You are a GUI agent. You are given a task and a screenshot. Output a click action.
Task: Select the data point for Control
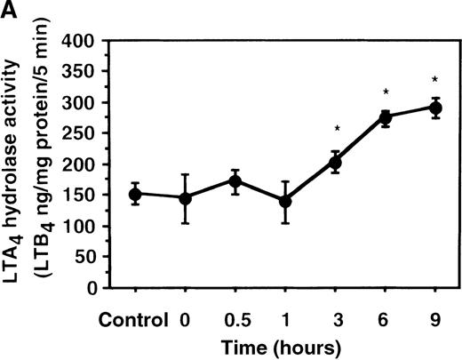point(135,194)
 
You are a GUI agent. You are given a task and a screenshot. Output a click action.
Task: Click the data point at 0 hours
point(185,197)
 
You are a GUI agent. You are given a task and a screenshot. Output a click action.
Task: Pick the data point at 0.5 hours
point(235,181)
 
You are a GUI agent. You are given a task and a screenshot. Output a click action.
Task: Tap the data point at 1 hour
point(285,201)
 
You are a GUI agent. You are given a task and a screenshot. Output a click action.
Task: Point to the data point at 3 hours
point(335,162)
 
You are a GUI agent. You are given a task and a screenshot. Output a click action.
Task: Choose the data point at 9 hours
point(435,108)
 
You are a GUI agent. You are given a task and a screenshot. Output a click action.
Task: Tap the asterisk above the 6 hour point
point(386,92)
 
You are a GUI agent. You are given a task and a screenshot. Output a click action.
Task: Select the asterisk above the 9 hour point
point(435,79)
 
